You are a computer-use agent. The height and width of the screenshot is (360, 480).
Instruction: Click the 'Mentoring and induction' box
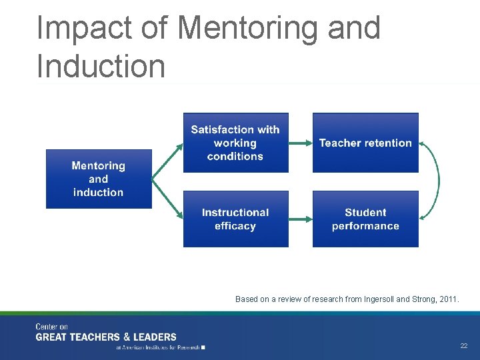tap(99, 179)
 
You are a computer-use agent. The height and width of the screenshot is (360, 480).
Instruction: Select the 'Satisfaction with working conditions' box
tap(235, 143)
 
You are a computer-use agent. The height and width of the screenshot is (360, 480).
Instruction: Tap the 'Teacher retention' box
tap(365, 143)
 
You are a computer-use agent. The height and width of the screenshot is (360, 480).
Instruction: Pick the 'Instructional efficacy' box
tap(235, 219)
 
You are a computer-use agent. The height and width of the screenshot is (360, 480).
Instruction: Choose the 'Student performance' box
tap(365, 219)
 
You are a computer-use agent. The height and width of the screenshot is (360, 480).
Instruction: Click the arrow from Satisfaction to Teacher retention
tap(301, 143)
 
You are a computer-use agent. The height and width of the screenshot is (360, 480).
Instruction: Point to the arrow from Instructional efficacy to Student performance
tap(301, 219)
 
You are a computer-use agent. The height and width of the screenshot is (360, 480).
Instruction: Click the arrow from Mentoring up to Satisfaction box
tap(167, 160)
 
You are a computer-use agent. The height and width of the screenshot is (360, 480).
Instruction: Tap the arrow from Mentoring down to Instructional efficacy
tap(167, 198)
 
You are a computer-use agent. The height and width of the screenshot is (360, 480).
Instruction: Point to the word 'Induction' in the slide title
tap(101, 66)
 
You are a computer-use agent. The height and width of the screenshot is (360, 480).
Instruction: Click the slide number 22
tap(463, 346)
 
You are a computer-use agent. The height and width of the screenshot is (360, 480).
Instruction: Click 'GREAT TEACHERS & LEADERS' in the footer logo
tap(106, 337)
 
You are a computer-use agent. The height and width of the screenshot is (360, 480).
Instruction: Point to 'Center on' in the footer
tap(52, 327)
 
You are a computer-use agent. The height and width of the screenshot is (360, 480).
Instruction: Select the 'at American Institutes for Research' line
tap(160, 347)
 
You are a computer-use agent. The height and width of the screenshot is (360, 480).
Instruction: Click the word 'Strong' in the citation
tap(422, 299)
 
